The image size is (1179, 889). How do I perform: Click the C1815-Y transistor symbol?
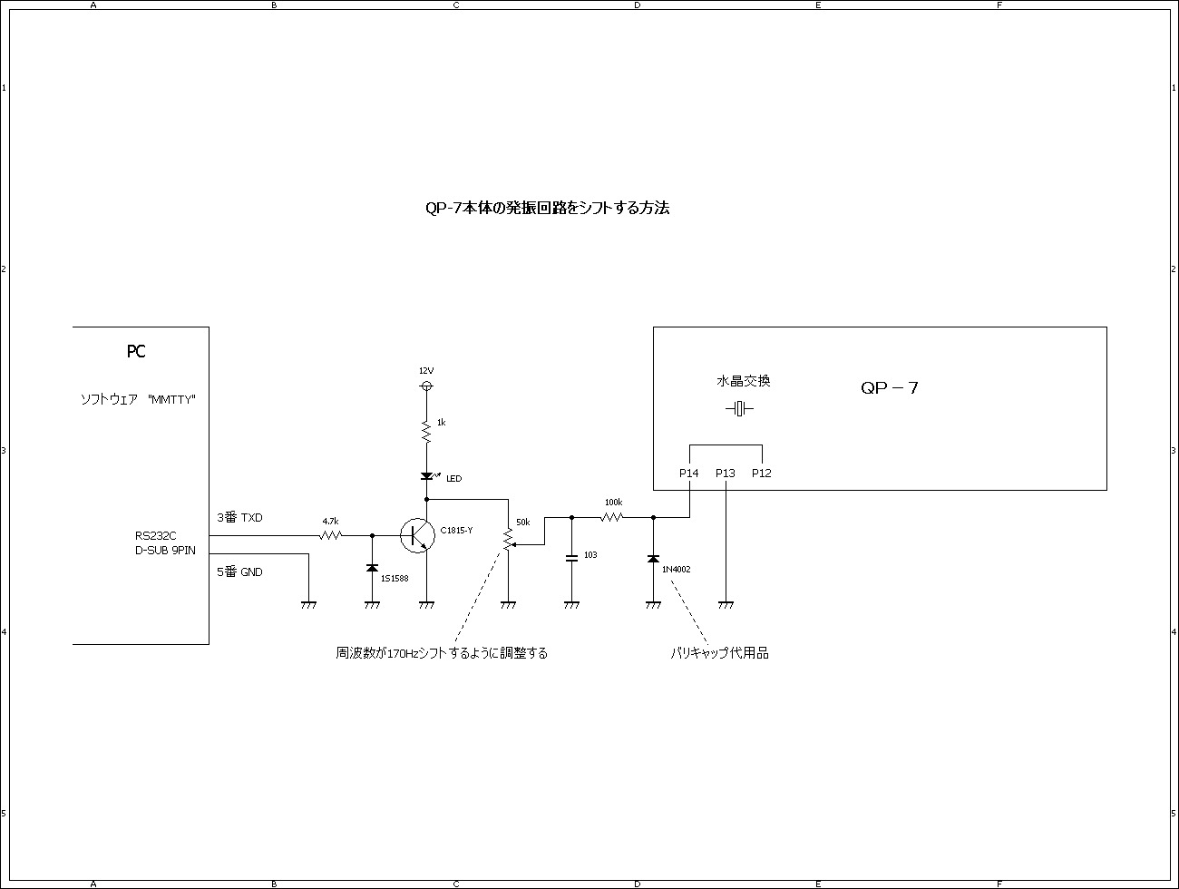[x=417, y=535]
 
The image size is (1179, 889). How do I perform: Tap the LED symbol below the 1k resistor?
[x=426, y=476]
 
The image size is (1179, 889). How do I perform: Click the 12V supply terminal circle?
[x=426, y=386]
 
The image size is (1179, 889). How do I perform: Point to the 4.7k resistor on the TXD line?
[x=331, y=535]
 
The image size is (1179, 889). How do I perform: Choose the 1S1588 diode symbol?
[x=372, y=568]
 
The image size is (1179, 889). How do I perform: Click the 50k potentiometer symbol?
[x=508, y=540]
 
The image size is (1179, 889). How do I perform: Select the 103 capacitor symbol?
[x=571, y=558]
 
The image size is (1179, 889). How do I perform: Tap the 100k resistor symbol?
[x=613, y=517]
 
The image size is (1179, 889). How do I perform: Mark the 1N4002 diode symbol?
[x=653, y=559]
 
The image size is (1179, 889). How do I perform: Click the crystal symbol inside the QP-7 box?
[x=740, y=409]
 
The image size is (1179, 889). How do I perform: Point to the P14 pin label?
[x=689, y=474]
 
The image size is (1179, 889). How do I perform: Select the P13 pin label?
[x=726, y=474]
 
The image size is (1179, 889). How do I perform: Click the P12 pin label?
[x=762, y=474]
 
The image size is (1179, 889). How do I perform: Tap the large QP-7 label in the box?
[x=890, y=388]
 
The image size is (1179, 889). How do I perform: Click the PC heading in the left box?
[x=136, y=352]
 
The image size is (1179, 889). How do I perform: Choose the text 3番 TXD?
[x=239, y=518]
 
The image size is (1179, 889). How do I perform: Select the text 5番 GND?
[x=239, y=572]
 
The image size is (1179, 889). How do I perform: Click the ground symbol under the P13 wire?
[x=726, y=603]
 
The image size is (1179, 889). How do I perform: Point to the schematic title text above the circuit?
[x=548, y=208]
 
